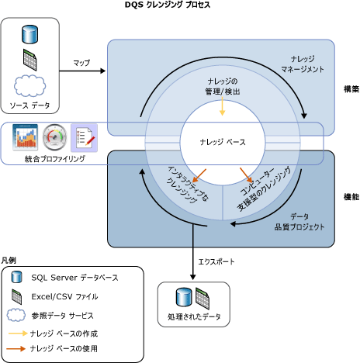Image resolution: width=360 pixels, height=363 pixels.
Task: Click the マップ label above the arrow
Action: pyautogui.click(x=81, y=62)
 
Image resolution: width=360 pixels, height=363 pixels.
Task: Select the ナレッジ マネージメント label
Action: pyautogui.click(x=303, y=64)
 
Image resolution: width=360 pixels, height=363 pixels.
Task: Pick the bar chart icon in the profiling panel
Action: pyautogui.click(x=26, y=139)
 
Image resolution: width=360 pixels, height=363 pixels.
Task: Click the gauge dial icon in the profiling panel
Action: pyautogui.click(x=55, y=139)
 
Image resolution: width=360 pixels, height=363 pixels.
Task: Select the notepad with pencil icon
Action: pyautogui.click(x=83, y=139)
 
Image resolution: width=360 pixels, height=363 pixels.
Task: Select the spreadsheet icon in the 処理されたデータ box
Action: pyautogui.click(x=202, y=297)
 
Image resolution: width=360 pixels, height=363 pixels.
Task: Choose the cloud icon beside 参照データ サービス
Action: pyautogui.click(x=17, y=315)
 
